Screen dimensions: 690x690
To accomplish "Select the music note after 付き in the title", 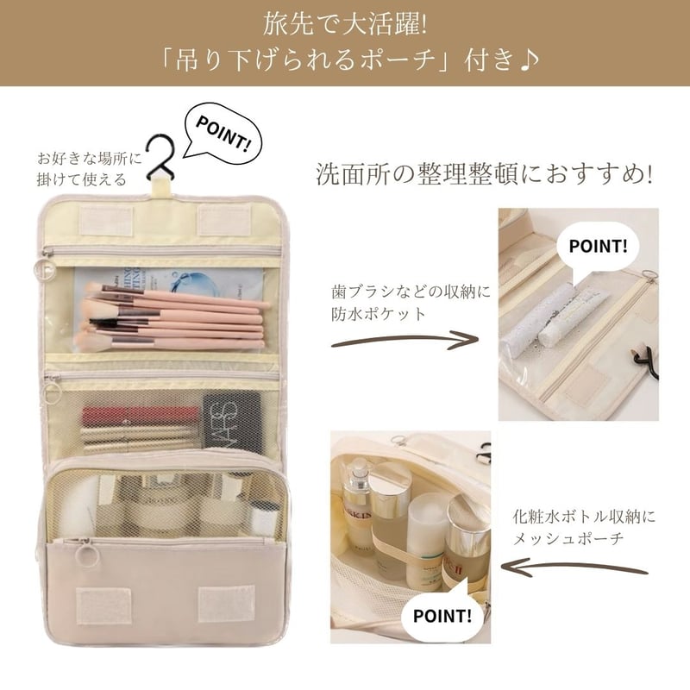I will (x=530, y=60).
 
